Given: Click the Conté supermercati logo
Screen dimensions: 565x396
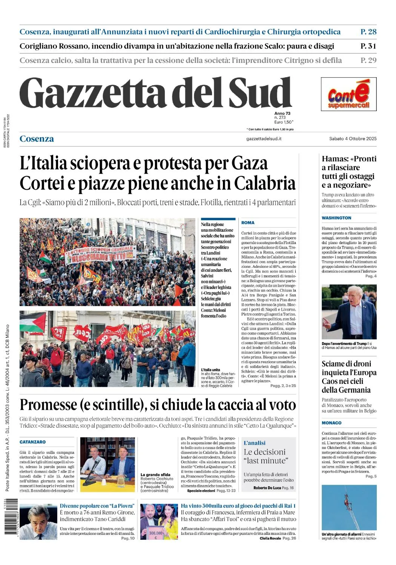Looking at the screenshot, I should [348, 94].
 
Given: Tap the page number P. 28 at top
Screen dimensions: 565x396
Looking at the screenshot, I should [368, 32].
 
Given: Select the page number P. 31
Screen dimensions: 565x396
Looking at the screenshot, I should [368, 46].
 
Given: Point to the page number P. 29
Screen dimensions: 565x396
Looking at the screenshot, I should [368, 60].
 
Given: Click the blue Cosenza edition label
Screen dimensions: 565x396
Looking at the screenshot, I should [37, 139].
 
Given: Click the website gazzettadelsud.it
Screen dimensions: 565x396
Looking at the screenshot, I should [264, 139].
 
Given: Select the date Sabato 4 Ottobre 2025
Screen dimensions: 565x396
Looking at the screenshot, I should [353, 139].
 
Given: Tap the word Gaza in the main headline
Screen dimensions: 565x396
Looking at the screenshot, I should [249, 163].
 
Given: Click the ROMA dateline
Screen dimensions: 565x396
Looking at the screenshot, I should [248, 223].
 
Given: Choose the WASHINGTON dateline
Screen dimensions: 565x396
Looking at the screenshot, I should [336, 218].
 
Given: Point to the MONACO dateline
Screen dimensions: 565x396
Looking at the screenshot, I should [332, 423].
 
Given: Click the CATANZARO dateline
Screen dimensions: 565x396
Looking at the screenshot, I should [32, 442].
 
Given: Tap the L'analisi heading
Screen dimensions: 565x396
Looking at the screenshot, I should [254, 443].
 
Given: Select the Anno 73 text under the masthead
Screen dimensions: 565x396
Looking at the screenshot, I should [282, 113].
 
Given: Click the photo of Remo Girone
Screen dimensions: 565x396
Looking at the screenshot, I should [38, 522].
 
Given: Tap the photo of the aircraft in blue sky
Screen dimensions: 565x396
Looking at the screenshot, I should [349, 507].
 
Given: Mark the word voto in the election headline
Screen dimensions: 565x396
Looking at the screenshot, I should [282, 405].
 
